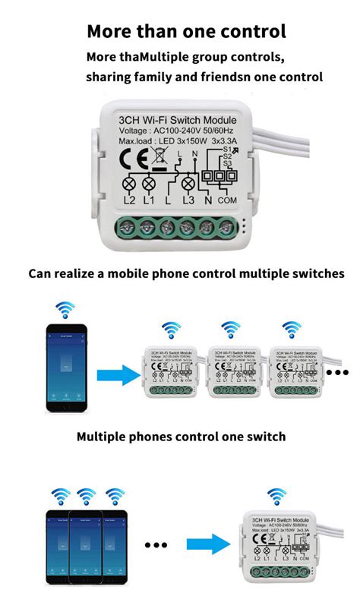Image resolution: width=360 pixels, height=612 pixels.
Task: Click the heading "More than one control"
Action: coord(186,31)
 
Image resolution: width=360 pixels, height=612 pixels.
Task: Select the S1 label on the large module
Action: coord(226,152)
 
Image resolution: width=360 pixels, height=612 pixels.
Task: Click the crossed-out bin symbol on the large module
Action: coord(161,157)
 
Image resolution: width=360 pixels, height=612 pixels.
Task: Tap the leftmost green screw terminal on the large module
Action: coord(125,226)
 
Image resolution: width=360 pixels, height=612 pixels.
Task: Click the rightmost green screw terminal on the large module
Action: coord(225,226)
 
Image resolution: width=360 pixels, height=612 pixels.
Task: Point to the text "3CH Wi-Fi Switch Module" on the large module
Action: coord(178,121)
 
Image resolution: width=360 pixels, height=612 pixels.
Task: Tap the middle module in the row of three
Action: coord(235,368)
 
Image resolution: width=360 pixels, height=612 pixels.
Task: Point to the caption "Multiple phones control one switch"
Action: coord(181,437)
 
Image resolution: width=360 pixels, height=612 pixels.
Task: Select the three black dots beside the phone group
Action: coord(156,544)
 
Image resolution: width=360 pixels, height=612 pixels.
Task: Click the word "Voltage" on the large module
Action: coord(135,133)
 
